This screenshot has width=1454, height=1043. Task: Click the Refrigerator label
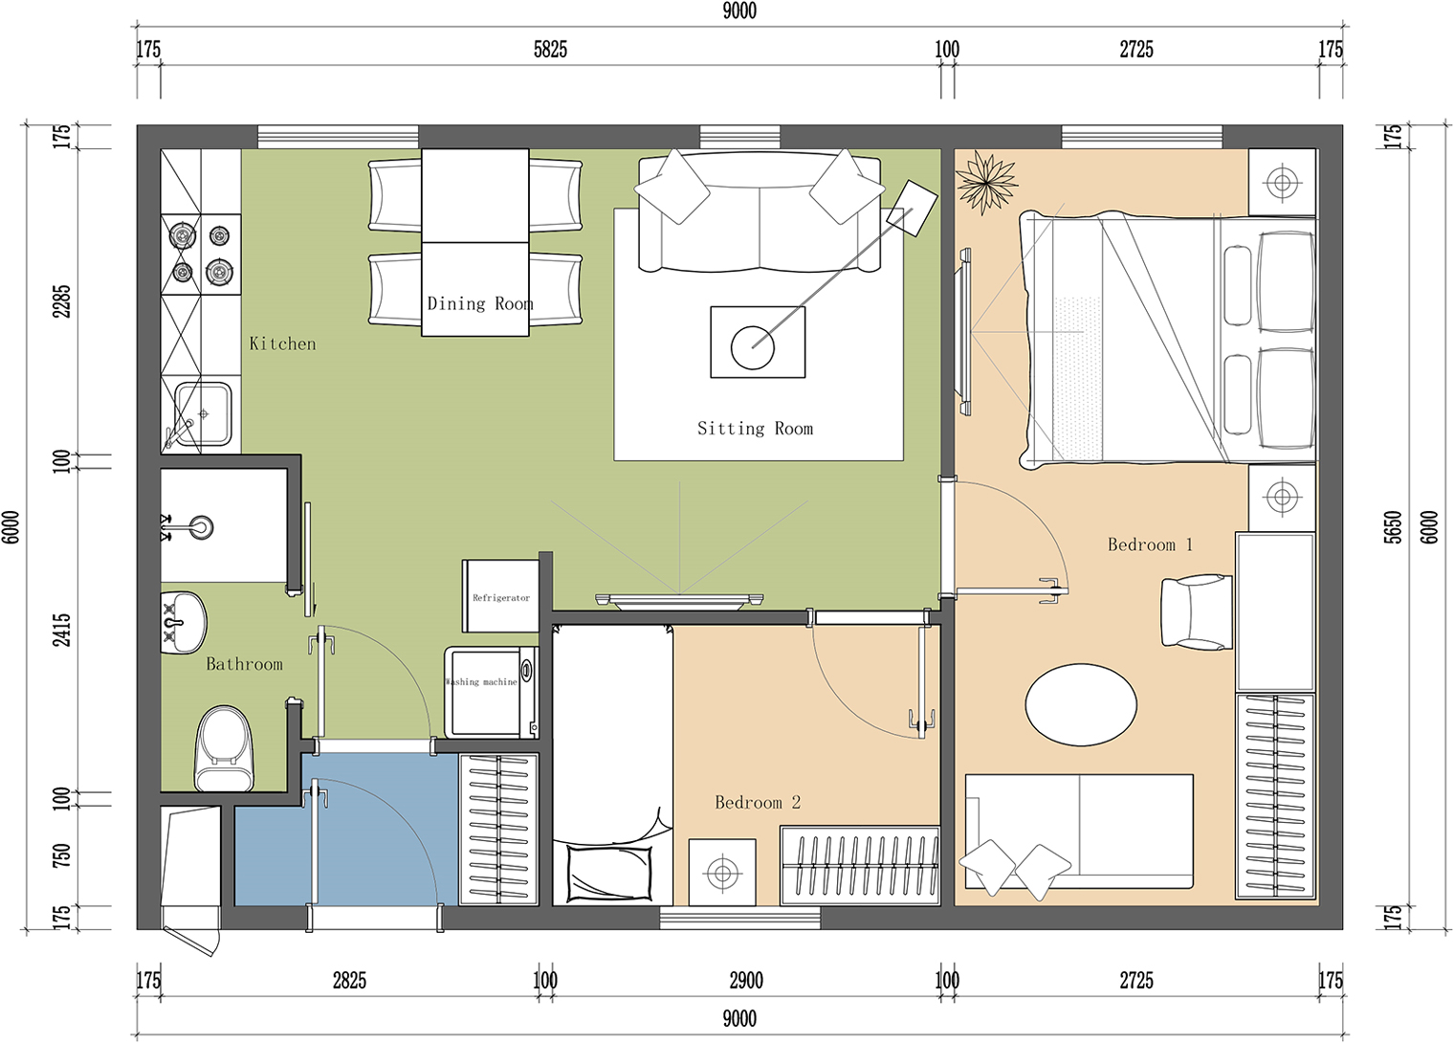tap(500, 597)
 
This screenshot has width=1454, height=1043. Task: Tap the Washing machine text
tap(481, 682)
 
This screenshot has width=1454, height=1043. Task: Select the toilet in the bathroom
tap(225, 749)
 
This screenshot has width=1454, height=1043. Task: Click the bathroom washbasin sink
tap(183, 622)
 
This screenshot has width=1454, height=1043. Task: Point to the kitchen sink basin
tap(202, 413)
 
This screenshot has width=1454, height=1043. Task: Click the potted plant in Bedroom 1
tap(986, 182)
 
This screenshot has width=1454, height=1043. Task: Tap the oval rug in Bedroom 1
tap(1081, 704)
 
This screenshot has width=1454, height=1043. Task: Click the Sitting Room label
tap(755, 429)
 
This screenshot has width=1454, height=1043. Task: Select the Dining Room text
tap(479, 303)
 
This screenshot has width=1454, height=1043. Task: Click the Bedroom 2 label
tap(758, 803)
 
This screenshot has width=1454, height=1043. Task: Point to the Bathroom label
tap(244, 664)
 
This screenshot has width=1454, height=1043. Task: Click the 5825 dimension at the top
tap(550, 50)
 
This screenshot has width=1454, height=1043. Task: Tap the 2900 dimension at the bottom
tap(746, 981)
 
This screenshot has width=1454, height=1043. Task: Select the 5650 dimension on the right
tap(1393, 527)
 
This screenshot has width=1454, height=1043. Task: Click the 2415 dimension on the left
tap(61, 630)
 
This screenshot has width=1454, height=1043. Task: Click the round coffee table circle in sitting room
tap(752, 347)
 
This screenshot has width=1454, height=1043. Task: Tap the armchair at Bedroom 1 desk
tap(1197, 611)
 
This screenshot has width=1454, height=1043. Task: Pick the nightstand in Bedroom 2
tap(722, 873)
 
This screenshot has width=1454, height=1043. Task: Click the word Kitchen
tap(282, 344)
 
